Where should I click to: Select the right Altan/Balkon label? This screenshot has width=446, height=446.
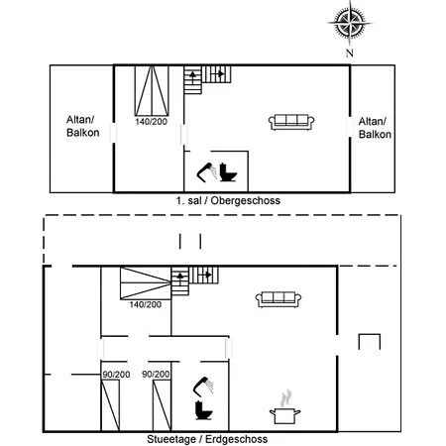click(373, 126)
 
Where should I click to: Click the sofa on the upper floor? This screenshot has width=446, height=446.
click(291, 122)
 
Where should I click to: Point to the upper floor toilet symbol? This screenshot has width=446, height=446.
click(229, 172)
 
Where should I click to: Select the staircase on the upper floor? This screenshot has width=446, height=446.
click(208, 79)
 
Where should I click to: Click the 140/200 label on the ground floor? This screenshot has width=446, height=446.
click(145, 304)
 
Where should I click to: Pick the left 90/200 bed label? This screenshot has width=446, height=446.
click(115, 375)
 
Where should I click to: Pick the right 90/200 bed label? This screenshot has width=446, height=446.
click(157, 375)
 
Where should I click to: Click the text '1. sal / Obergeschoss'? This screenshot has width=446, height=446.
click(228, 200)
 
